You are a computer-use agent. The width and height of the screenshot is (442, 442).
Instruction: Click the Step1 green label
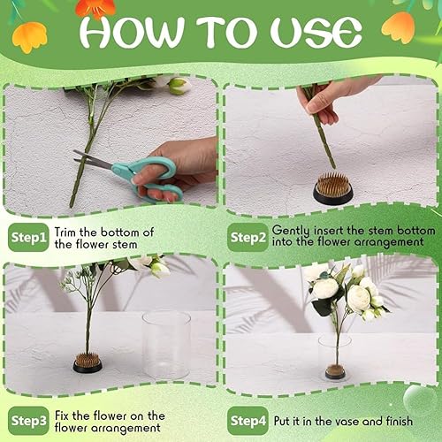tap(28, 237)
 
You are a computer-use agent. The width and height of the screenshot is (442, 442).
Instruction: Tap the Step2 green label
tap(248, 237)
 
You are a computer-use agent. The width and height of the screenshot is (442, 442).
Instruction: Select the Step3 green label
tap(28, 421)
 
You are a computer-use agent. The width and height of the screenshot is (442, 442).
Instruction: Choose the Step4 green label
tap(248, 421)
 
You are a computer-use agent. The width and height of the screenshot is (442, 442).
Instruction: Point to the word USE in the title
tap(316, 32)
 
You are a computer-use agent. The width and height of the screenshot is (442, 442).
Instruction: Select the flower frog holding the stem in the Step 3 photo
tap(88, 362)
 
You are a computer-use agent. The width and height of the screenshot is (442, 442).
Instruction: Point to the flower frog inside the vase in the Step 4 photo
tap(335, 371)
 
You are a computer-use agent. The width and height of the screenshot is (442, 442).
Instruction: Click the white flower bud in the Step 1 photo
tap(179, 86)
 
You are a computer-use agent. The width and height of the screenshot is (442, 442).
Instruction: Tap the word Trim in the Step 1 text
tap(65, 232)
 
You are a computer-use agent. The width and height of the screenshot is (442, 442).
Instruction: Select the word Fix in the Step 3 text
tap(62, 415)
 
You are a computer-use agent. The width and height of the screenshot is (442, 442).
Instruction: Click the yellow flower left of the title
tap(30, 38)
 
